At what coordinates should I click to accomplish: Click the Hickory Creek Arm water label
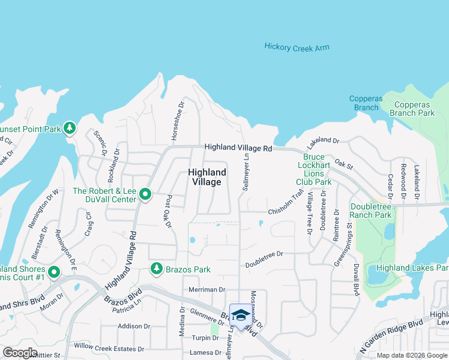coord(297,47)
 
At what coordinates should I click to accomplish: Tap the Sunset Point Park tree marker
coord(70,128)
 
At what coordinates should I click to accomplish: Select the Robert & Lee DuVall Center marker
coord(145,194)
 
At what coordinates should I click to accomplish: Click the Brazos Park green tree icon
coord(157,268)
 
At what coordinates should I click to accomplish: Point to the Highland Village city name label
coord(207,177)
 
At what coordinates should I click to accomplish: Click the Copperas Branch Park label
coord(412,109)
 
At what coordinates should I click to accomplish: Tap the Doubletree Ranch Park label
coord(371,211)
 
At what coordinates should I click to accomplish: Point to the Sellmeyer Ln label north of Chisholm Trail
coord(246,172)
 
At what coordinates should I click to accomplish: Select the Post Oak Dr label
coord(168,211)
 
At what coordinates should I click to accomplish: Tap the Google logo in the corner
coord(20,352)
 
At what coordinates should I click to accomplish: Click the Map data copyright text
coord(412,355)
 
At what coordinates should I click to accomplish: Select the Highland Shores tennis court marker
coord(53,272)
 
